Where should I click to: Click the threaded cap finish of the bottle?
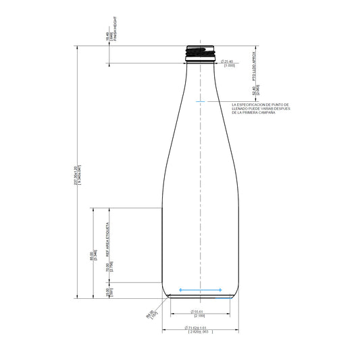point(201,52)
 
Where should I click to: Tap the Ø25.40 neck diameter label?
point(228,61)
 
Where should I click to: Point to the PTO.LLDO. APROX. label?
point(255,65)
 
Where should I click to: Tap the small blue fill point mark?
point(200,101)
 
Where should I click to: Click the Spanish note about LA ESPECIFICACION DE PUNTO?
point(259,109)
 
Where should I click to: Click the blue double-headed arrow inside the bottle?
point(201,290)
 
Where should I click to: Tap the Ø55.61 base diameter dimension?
point(199,311)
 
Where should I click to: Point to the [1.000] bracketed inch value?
point(228,65)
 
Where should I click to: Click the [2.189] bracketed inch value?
point(199,316)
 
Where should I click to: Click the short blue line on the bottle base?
point(201,295)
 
